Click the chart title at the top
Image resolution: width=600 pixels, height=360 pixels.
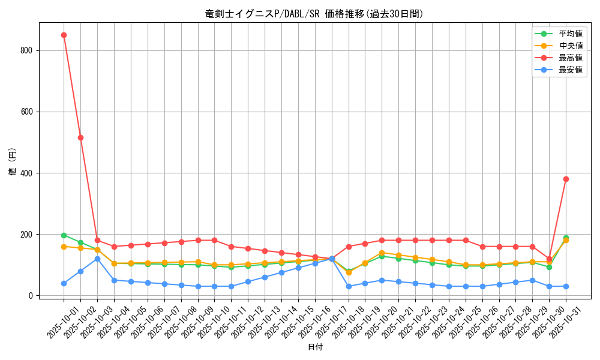(314, 14)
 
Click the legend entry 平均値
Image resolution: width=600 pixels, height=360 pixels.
(571, 34)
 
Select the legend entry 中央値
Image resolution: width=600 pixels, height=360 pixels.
(571, 46)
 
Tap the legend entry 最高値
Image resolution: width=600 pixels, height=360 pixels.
(571, 58)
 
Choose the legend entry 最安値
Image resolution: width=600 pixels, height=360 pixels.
(571, 70)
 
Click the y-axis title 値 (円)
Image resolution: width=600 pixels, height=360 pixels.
(13, 162)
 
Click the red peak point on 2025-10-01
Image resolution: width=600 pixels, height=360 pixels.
(64, 35)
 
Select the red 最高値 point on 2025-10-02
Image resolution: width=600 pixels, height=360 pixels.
(80, 137)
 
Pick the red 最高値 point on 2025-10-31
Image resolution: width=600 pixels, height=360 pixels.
(566, 179)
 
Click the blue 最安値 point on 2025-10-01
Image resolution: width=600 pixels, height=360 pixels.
(64, 283)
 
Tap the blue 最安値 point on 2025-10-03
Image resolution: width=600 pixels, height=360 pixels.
(97, 259)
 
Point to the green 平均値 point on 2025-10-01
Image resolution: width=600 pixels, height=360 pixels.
(64, 235)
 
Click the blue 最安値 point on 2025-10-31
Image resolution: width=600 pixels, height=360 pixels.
(566, 286)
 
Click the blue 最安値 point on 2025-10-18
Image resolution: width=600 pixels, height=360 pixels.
(348, 286)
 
